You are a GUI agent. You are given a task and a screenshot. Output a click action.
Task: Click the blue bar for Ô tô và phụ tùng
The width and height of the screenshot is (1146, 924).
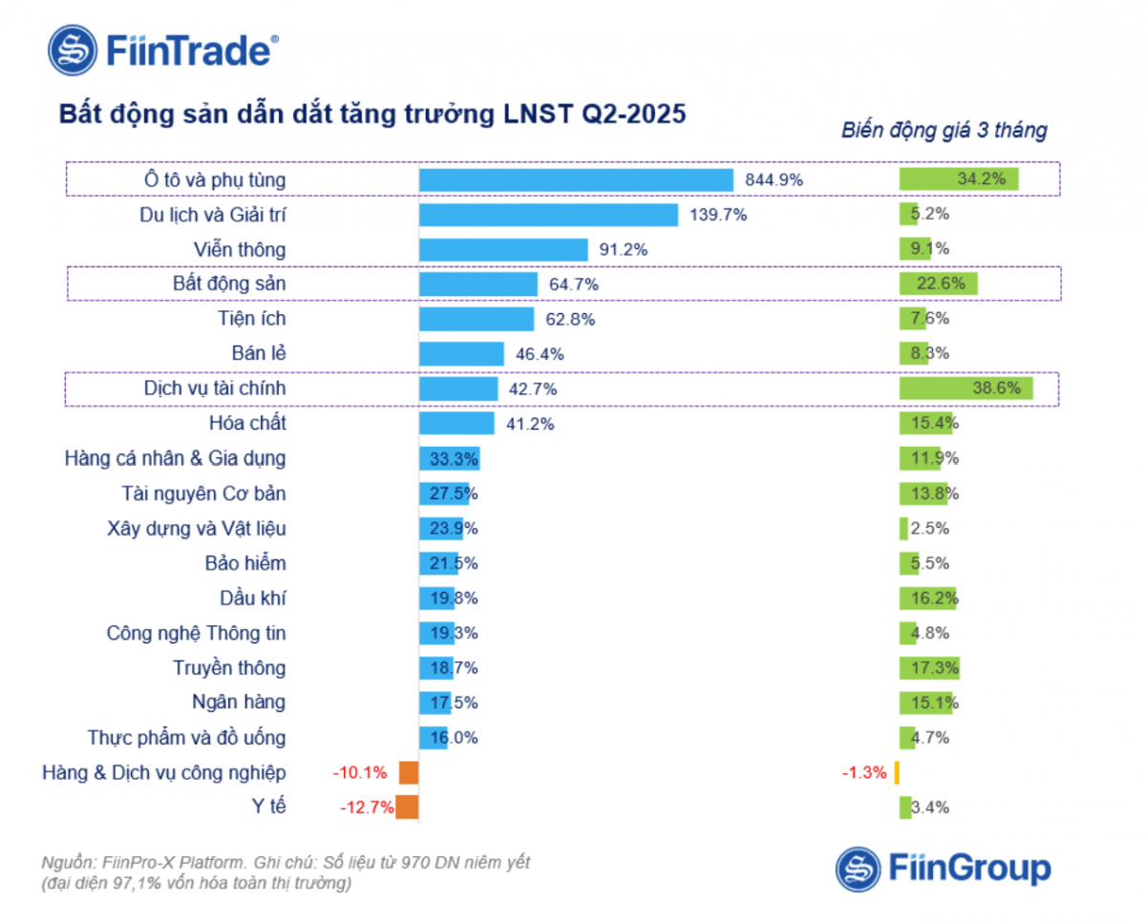(576, 179)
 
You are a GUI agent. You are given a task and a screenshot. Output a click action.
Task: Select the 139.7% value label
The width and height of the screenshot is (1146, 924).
(718, 215)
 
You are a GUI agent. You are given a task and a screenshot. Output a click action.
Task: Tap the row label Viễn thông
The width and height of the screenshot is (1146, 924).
(239, 249)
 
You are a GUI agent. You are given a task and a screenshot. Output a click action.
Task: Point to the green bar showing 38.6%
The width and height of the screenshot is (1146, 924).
(966, 388)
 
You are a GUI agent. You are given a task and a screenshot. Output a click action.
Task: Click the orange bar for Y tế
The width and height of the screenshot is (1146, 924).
(407, 808)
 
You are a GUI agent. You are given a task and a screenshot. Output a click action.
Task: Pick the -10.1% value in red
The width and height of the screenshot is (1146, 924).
(361, 772)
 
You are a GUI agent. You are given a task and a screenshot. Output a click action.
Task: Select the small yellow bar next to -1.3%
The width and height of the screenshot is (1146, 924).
(898, 772)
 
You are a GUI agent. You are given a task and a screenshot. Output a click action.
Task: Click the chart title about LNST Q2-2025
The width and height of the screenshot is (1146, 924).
(372, 114)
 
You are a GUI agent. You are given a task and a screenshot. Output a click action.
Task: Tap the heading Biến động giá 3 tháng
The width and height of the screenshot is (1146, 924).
(944, 131)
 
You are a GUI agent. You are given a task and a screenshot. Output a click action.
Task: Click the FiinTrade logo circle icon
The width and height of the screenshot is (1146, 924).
(74, 50)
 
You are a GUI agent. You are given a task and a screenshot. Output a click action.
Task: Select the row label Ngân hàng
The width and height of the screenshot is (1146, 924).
(239, 703)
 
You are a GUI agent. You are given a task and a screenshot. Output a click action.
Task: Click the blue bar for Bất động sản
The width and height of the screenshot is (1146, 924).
(478, 283)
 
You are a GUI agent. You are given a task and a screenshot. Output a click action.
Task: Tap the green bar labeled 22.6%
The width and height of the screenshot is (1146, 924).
(939, 283)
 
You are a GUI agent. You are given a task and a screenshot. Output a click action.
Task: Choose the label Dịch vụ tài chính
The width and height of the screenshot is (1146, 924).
(214, 388)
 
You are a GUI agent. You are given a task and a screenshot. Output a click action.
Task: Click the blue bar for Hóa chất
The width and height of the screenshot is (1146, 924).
(456, 423)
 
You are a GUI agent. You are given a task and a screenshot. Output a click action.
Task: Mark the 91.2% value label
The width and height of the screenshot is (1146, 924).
(622, 249)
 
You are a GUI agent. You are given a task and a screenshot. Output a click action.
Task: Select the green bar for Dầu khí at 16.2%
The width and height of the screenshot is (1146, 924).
(927, 598)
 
